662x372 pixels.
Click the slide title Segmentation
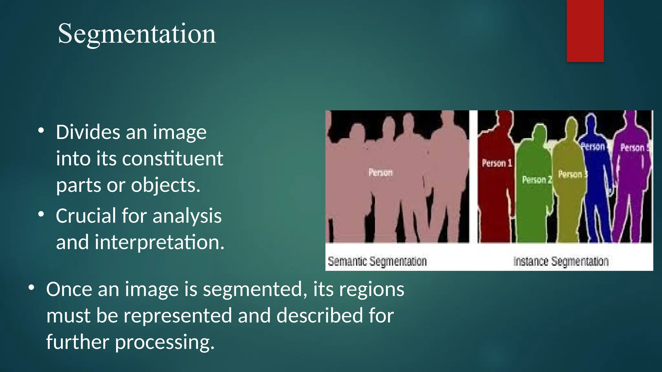click(137, 34)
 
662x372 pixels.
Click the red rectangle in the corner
click(585, 31)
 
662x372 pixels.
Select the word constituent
click(172, 159)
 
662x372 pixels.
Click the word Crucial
click(86, 216)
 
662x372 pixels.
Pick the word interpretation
click(159, 242)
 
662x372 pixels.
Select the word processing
click(165, 342)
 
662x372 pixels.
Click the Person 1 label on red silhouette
click(497, 163)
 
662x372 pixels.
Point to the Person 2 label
click(537, 180)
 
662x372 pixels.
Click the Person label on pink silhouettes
click(380, 172)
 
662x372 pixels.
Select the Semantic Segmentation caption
click(377, 261)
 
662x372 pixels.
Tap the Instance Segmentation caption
click(561, 261)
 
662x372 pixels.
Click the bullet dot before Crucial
click(41, 214)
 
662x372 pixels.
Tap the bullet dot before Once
click(31, 288)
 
